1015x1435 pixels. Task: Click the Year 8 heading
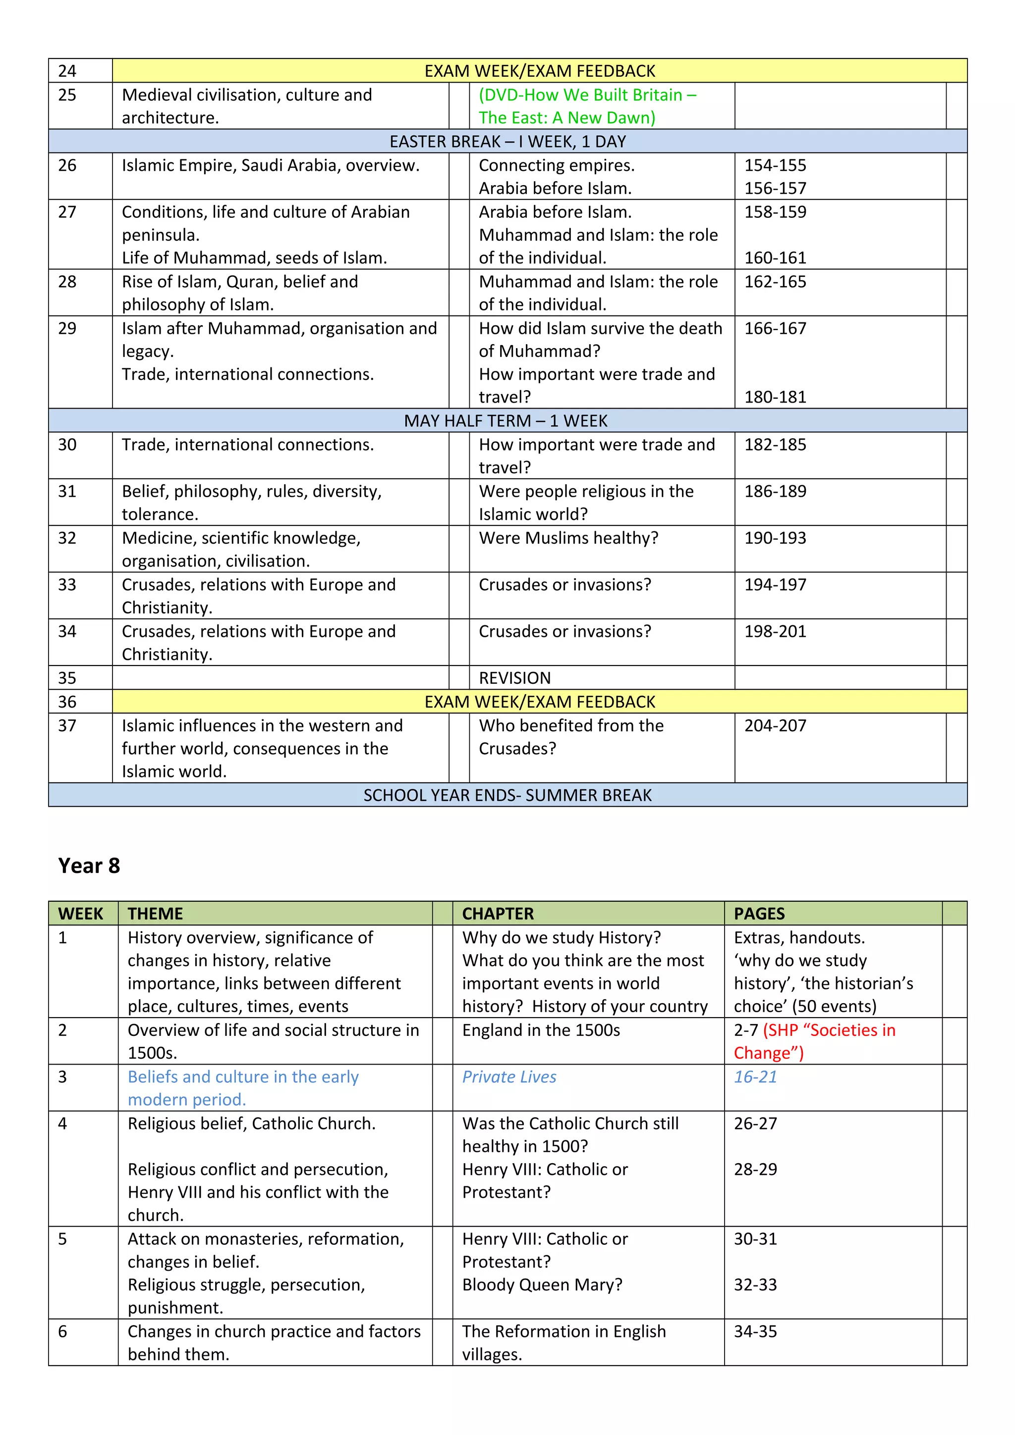coord(89,866)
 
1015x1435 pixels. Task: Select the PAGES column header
coord(759,914)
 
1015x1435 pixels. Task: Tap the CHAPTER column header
coord(498,914)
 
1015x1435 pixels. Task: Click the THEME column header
coord(155,914)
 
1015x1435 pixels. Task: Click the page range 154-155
coord(775,165)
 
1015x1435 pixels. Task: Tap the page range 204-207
coord(775,725)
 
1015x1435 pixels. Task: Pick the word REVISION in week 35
coord(515,678)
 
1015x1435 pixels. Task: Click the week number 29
coord(67,329)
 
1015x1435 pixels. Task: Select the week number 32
coord(67,538)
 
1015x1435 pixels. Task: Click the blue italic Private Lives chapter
coord(509,1077)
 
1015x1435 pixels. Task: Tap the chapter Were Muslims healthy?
coord(568,538)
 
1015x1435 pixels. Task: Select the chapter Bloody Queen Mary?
coord(542,1285)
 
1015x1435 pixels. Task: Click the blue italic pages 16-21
coord(755,1077)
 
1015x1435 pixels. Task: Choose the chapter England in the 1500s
coord(541,1030)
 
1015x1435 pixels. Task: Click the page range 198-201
coord(775,632)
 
